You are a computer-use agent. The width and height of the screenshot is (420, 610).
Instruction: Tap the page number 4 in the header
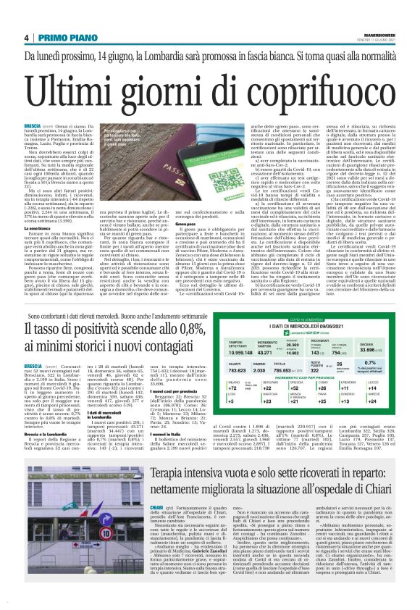point(25,38)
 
